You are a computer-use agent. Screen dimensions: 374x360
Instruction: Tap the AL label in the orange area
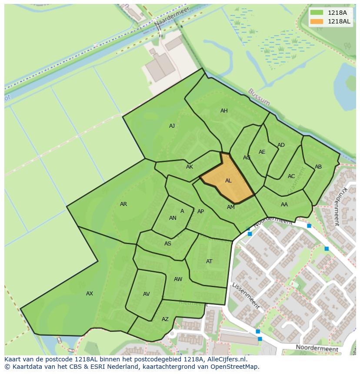228,181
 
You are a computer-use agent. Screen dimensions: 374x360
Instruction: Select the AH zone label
224,111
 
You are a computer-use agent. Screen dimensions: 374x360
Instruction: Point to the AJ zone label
172,126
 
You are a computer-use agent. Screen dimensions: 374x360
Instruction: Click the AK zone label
190,167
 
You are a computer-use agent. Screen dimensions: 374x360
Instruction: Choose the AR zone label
123,204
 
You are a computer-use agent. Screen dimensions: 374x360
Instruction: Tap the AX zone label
90,294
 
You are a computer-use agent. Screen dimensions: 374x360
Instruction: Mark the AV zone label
147,294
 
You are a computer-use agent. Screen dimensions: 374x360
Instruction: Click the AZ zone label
165,319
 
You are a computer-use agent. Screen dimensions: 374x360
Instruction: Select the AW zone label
178,279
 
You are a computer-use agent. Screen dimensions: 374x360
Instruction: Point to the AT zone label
209,261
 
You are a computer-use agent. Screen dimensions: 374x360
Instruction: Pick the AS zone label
168,244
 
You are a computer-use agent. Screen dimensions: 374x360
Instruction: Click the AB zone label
318,167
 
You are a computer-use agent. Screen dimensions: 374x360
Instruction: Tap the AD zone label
281,145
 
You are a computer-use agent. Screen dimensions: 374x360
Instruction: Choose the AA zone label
284,205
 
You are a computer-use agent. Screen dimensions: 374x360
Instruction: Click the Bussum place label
259,97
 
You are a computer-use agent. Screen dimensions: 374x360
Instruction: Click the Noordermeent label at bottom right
317,348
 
